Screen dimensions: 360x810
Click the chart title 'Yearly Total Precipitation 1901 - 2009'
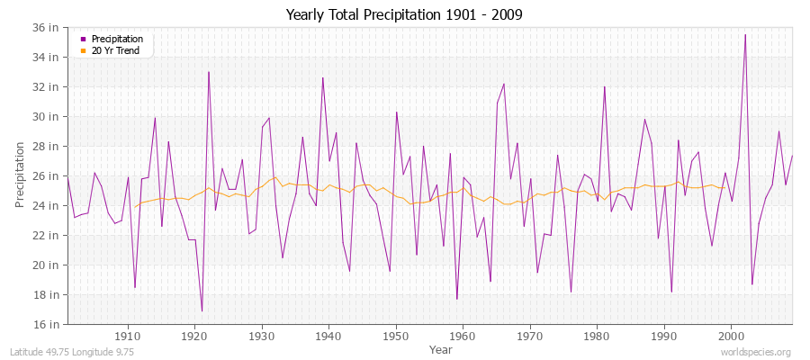[404, 14]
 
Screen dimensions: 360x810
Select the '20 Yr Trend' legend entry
[114, 49]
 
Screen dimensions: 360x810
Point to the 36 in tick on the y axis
[47, 28]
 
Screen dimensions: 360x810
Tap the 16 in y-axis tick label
[47, 324]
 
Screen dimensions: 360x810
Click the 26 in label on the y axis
[47, 175]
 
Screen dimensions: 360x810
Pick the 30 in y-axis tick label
[47, 117]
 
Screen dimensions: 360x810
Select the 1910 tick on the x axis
[128, 336]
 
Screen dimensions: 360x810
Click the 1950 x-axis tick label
[396, 336]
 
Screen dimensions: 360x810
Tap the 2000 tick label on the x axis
[731, 336]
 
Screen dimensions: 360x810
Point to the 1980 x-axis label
[597, 336]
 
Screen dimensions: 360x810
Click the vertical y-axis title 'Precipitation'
[21, 175]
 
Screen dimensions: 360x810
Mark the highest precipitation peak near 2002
[744, 34]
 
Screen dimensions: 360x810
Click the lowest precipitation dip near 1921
[202, 311]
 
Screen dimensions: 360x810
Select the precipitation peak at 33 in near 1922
[209, 72]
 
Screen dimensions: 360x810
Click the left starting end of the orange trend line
[135, 208]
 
